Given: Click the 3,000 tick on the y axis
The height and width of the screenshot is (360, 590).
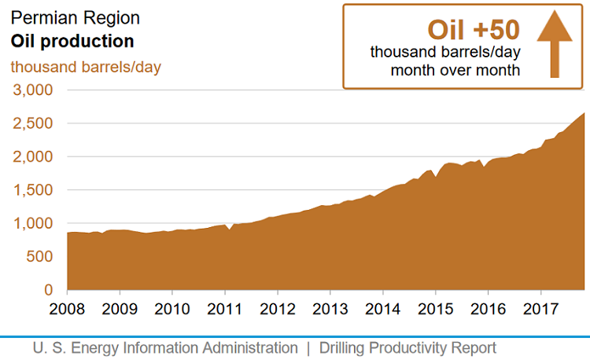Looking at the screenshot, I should (32, 90).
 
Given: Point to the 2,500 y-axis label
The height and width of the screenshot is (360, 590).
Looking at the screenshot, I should (32, 123).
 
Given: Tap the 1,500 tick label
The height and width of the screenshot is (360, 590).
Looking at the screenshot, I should (32, 190).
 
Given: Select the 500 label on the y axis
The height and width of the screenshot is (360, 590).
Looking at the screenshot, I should (39, 257).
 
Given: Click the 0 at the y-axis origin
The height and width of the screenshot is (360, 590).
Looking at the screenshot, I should (48, 290).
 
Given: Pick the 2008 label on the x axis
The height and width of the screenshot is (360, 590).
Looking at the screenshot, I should (67, 307).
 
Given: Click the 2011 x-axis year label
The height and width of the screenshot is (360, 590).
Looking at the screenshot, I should (225, 307).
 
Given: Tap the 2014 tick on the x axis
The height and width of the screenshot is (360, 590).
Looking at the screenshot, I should (383, 307).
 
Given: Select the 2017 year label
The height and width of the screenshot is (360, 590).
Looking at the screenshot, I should (541, 307).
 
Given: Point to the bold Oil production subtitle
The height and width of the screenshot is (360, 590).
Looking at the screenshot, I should (72, 41).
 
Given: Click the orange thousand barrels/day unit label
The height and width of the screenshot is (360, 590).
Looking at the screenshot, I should (86, 66).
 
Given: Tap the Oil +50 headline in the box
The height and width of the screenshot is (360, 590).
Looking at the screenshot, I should (473, 29).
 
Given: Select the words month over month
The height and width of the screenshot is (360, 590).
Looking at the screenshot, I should (455, 70).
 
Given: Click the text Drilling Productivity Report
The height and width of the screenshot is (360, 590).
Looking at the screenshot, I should (407, 347).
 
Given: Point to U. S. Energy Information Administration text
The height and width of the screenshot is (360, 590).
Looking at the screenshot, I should (165, 347).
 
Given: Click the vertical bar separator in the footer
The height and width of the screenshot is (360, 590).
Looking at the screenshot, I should (308, 347).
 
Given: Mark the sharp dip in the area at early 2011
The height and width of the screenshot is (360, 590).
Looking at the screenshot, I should (229, 230).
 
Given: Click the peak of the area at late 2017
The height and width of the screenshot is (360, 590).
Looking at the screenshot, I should (583, 114).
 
